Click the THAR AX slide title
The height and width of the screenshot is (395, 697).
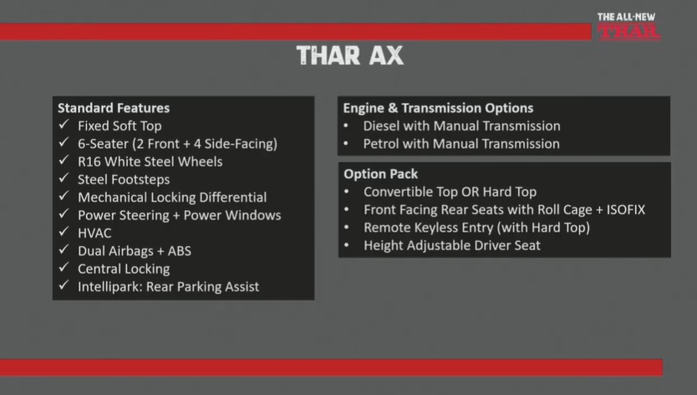[x=350, y=56]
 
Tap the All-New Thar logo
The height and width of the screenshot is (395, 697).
[x=628, y=27]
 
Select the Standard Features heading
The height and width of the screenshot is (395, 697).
[x=114, y=108]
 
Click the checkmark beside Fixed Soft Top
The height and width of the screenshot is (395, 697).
[x=64, y=125]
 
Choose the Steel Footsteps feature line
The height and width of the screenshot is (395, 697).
[x=124, y=179]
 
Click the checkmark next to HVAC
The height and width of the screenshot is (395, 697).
[x=64, y=232]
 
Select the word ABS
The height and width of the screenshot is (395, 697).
[x=179, y=251]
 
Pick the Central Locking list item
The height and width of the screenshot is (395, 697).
[x=124, y=269]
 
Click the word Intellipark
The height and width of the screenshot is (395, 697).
[x=109, y=287]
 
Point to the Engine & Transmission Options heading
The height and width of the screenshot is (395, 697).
[x=438, y=108]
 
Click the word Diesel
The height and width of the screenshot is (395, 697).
[x=381, y=126]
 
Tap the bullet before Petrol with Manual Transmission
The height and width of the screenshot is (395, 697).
[x=346, y=144]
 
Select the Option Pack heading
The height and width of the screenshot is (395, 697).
[x=380, y=174]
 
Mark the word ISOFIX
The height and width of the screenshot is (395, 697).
[x=626, y=210]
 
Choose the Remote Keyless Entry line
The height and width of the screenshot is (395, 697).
[x=476, y=228]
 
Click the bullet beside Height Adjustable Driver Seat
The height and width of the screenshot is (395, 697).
[x=346, y=245]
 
